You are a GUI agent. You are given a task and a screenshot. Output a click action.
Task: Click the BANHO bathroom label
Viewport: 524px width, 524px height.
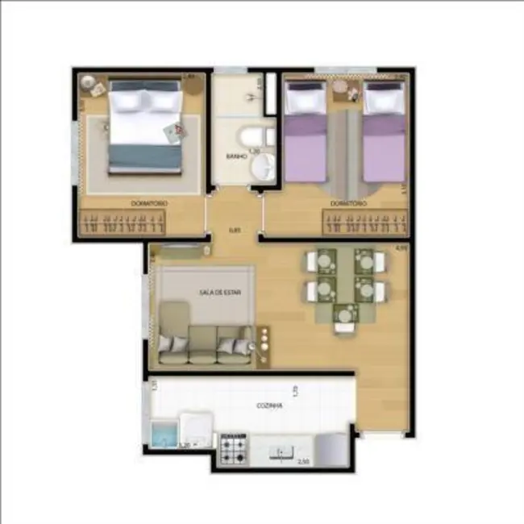pyautogui.click(x=236, y=156)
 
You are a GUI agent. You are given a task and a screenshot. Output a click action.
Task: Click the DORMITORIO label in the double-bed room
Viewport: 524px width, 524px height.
pyautogui.click(x=149, y=204)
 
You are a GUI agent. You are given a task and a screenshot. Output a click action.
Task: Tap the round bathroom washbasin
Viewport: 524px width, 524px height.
pyautogui.click(x=263, y=168)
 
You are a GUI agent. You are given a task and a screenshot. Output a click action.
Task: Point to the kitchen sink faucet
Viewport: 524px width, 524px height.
pyautogui.click(x=281, y=452)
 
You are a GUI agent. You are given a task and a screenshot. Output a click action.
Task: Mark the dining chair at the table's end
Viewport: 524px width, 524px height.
pyautogui.click(x=344, y=323)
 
